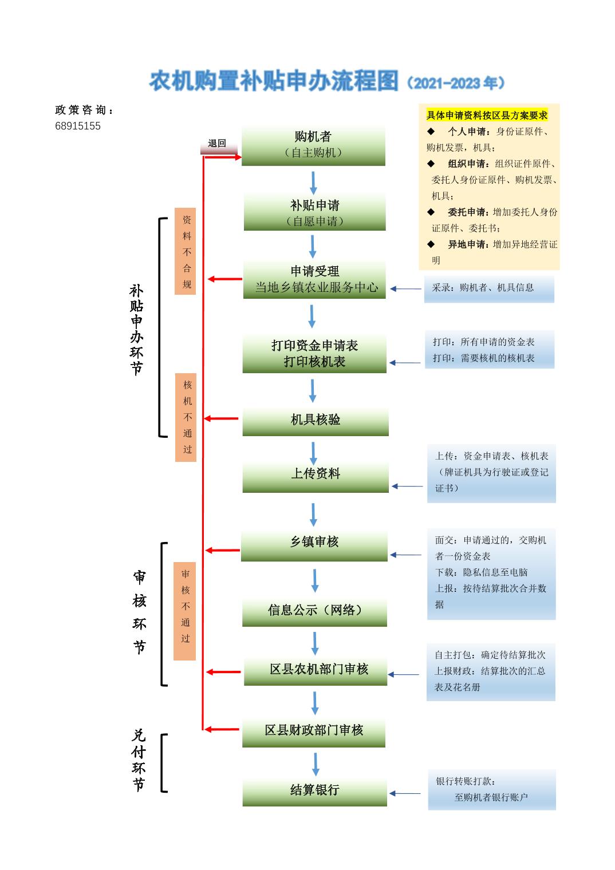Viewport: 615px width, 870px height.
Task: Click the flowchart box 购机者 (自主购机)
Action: tap(313, 145)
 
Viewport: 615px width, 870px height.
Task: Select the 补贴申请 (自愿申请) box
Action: tap(314, 212)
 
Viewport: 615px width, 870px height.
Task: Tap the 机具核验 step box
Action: tap(315, 421)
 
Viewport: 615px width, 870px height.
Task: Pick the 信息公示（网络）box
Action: tap(314, 611)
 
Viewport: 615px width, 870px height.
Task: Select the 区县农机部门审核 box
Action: tap(316, 670)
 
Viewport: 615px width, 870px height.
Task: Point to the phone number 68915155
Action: tap(78, 126)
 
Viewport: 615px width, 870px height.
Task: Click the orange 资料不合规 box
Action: tap(186, 251)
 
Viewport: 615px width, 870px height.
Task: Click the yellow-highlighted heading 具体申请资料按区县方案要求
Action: tap(487, 116)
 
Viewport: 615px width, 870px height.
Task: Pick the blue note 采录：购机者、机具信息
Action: tap(488, 288)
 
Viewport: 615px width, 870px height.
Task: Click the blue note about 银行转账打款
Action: tap(491, 789)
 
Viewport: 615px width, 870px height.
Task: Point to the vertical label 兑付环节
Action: tap(139, 760)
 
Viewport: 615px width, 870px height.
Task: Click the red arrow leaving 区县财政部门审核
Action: tap(222, 729)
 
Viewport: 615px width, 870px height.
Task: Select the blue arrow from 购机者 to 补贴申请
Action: tap(313, 183)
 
